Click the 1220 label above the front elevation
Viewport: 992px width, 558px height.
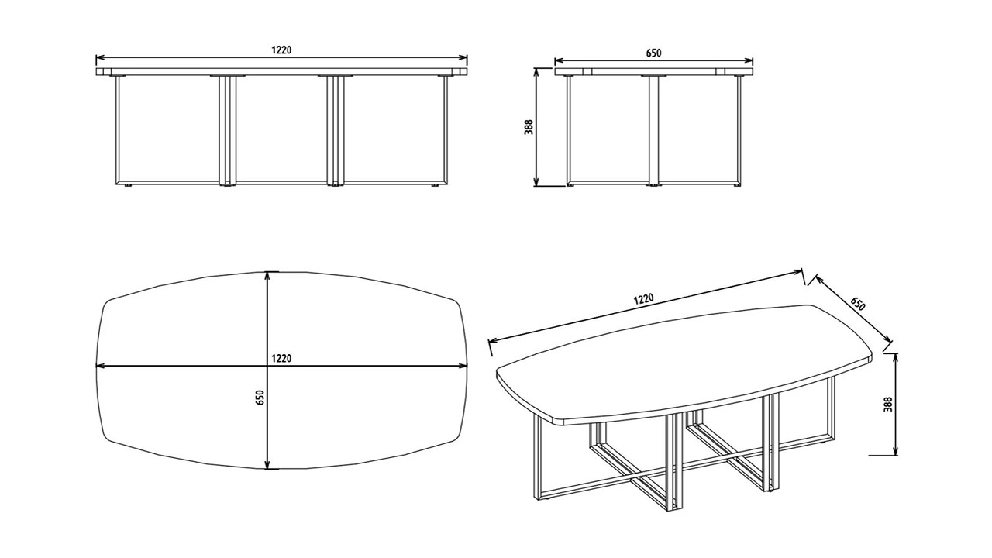[281, 50]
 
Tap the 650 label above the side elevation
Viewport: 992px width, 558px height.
[653, 53]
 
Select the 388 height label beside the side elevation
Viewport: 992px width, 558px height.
[529, 127]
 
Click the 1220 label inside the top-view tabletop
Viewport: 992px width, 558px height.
[281, 358]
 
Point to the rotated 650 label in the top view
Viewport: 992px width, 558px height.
[260, 398]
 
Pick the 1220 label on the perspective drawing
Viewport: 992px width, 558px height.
[643, 299]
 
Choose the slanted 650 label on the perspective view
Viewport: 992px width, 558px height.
[858, 304]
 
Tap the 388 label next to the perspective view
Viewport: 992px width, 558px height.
[888, 405]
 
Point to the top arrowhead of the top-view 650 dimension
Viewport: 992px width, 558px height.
[267, 275]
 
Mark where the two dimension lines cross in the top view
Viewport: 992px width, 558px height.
[267, 366]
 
